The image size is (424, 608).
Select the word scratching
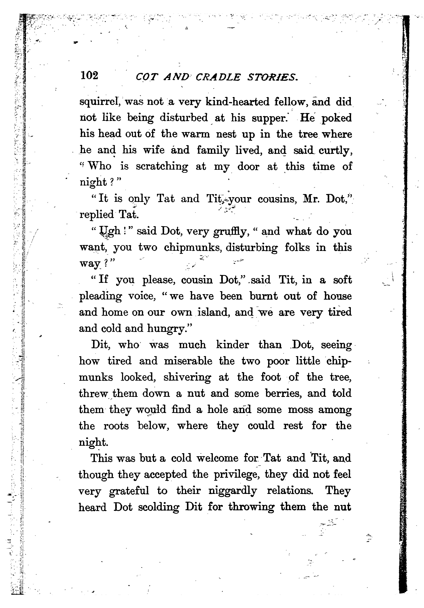[x=162, y=167]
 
